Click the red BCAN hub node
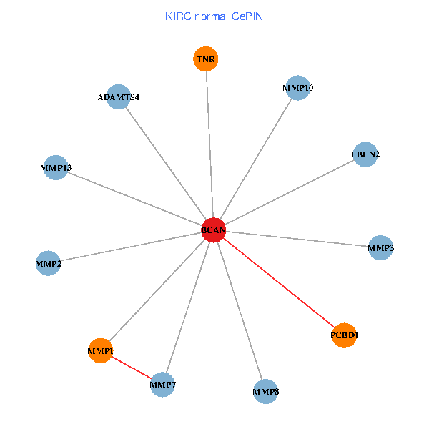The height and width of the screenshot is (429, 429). [213, 230]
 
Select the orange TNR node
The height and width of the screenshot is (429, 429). [206, 59]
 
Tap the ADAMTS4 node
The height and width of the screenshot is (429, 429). [118, 97]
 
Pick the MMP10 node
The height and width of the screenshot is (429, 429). [297, 88]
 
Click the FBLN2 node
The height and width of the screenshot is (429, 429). [365, 154]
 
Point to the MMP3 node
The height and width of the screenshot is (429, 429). [380, 247]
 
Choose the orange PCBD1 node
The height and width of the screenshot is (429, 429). [345, 335]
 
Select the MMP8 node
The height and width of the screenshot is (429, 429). [266, 392]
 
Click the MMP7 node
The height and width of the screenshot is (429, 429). [163, 385]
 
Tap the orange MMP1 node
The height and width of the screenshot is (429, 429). [101, 350]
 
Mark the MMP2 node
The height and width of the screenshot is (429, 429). [48, 264]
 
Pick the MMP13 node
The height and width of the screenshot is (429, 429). [56, 168]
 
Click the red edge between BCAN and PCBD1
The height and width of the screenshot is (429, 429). [279, 282]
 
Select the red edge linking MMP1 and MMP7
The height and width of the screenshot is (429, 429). [132, 368]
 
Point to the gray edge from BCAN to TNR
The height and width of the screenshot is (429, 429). [209, 143]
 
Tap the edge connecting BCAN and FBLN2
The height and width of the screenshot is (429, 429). [290, 192]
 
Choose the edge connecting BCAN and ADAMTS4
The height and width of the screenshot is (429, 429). [165, 163]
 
